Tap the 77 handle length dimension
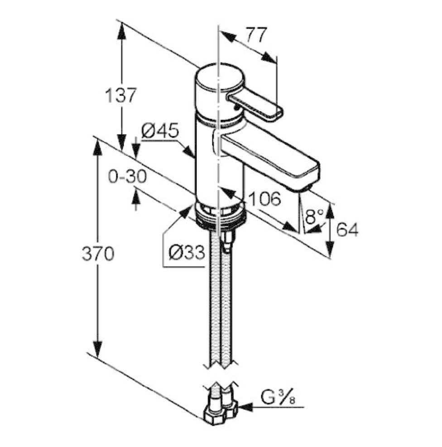257,34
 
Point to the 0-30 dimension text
128,176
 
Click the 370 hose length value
98,255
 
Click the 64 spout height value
347,230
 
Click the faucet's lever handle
254,106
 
